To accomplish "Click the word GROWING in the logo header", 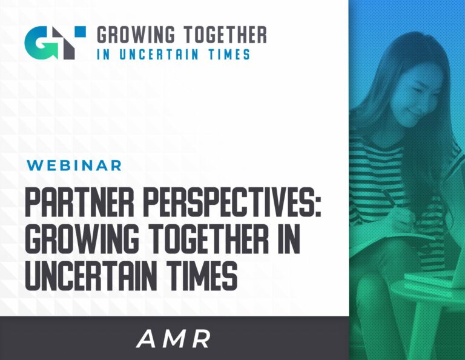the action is (x=136, y=35).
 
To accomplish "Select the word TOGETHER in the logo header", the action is (x=225, y=35).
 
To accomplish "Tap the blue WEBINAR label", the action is (x=74, y=165).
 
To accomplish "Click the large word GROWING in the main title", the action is (x=82, y=239).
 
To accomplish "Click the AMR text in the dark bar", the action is (x=174, y=339).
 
